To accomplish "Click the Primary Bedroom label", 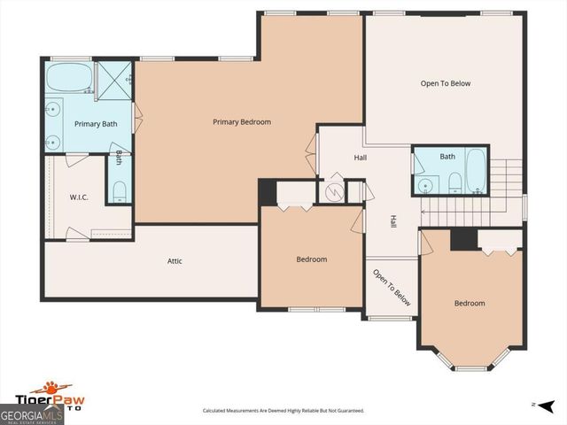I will pyautogui.click(x=242, y=122).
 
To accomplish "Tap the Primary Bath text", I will pyautogui.click(x=95, y=124).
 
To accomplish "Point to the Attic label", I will pyautogui.click(x=175, y=261).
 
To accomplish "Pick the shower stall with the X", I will pyautogui.click(x=114, y=77).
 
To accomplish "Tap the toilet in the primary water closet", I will pyautogui.click(x=119, y=190).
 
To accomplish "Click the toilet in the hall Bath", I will pyautogui.click(x=454, y=182).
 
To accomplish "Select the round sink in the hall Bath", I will pyautogui.click(x=426, y=184).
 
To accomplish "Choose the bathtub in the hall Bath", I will pyautogui.click(x=475, y=172).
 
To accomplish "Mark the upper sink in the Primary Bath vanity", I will pyautogui.click(x=54, y=110).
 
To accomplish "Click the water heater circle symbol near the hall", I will pyautogui.click(x=334, y=191).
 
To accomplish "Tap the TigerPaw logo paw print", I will pyautogui.click(x=55, y=387).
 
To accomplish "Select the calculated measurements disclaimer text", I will pyautogui.click(x=283, y=411).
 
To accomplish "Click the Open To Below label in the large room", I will pyautogui.click(x=445, y=83).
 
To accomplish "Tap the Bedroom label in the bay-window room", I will pyautogui.click(x=470, y=304).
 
